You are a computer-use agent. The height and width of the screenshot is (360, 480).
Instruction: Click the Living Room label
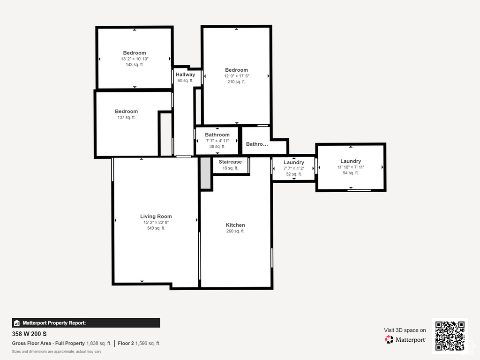156,217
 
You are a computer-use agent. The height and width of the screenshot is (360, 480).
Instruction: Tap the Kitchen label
235,225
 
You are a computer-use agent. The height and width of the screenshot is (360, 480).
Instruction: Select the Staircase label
230,162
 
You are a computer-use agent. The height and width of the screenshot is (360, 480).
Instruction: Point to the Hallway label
185,75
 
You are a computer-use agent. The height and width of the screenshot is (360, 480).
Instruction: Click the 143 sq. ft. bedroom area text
135,65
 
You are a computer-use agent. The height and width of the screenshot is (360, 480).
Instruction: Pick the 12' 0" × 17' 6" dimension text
237,76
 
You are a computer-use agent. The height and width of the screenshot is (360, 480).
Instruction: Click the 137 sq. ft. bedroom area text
127,117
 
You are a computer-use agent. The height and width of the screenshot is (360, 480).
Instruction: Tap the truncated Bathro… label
257,144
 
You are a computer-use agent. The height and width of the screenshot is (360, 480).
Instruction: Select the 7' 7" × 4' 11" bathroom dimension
217,141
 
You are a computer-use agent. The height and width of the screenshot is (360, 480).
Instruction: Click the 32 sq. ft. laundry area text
294,174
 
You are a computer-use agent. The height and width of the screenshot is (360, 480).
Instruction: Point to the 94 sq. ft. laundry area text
351,173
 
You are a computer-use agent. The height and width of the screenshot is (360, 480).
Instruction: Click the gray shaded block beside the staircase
205,173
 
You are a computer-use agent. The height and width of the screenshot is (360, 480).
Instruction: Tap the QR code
450,336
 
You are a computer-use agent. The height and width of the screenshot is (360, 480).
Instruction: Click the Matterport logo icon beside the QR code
389,339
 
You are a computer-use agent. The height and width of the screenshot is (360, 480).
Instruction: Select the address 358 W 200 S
30,334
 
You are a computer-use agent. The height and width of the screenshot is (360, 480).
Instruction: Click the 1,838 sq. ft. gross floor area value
98,344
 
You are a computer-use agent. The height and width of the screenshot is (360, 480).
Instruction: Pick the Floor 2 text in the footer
126,344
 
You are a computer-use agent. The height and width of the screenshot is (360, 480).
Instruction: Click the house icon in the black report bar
17,323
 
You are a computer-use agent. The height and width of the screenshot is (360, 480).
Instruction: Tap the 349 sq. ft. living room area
156,228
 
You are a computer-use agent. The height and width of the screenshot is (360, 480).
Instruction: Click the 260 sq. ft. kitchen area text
235,231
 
